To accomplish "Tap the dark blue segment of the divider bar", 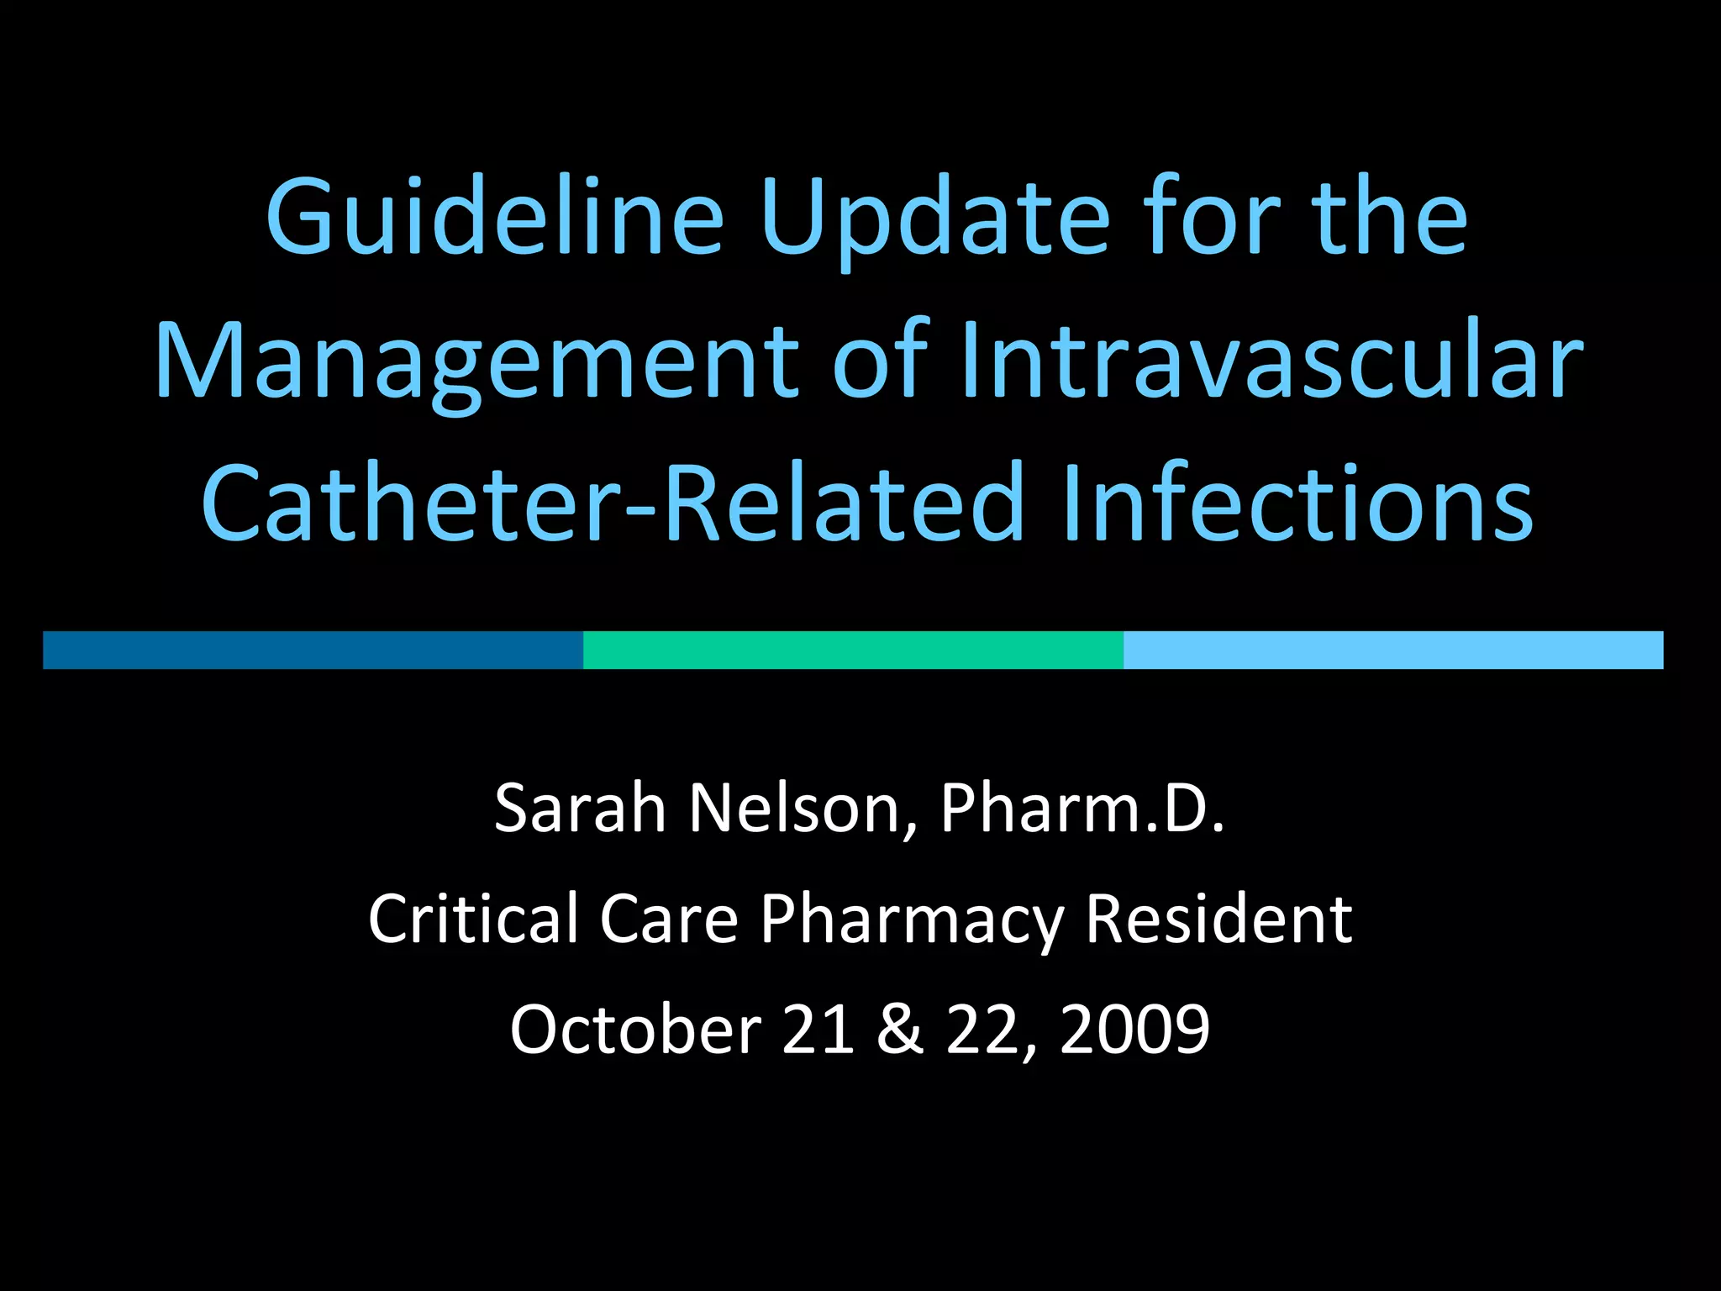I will point(313,650).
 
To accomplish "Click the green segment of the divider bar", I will point(853,650).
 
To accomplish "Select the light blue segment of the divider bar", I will point(1392,650).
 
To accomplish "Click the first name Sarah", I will point(580,808).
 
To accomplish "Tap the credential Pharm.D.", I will point(1082,808).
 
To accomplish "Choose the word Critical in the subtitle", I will point(473,919).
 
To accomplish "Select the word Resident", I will point(1218,919).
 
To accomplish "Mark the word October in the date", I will point(635,1029).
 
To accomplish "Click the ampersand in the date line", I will point(899,1029).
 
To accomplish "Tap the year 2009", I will point(1134,1029).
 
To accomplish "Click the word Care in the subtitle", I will point(668,919).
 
